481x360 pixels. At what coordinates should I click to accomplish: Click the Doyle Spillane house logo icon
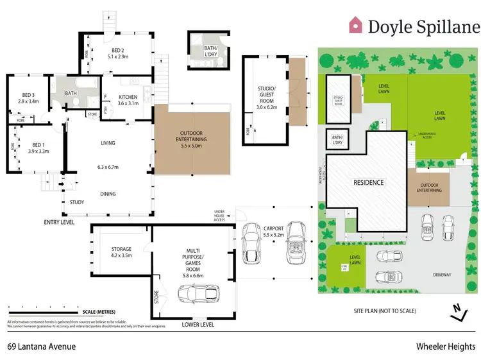(355, 25)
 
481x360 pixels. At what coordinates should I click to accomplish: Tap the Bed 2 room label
(117, 51)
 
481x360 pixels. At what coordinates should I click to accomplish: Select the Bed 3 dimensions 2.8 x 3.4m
(28, 101)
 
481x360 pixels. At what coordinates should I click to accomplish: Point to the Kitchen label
(128, 98)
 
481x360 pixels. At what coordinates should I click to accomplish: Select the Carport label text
(273, 228)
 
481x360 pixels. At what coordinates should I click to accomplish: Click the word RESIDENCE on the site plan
(369, 182)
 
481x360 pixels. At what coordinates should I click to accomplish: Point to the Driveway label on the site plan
(442, 275)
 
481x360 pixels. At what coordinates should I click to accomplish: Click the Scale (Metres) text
(97, 313)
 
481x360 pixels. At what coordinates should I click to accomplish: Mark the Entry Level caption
(59, 222)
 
